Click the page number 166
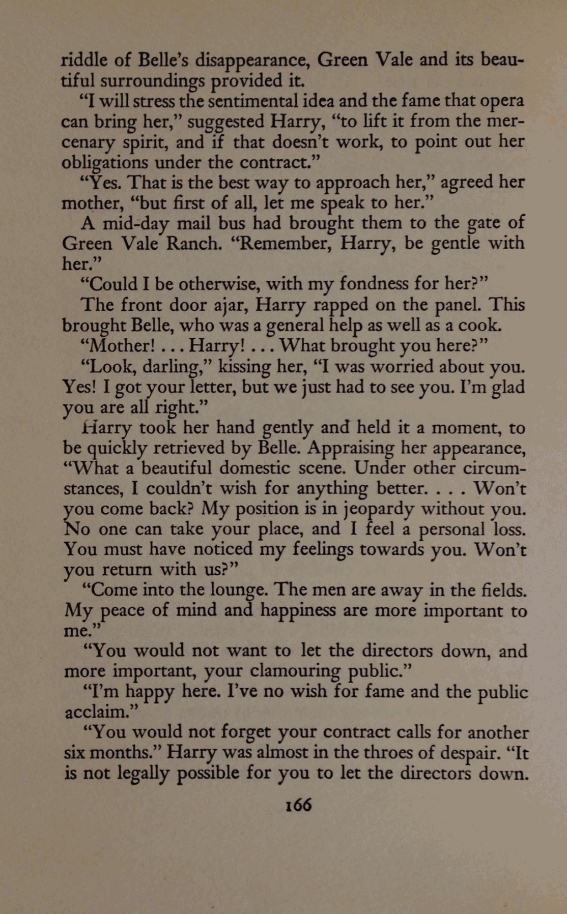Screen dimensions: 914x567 [x=298, y=805]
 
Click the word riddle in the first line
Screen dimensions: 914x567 [x=82, y=61]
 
